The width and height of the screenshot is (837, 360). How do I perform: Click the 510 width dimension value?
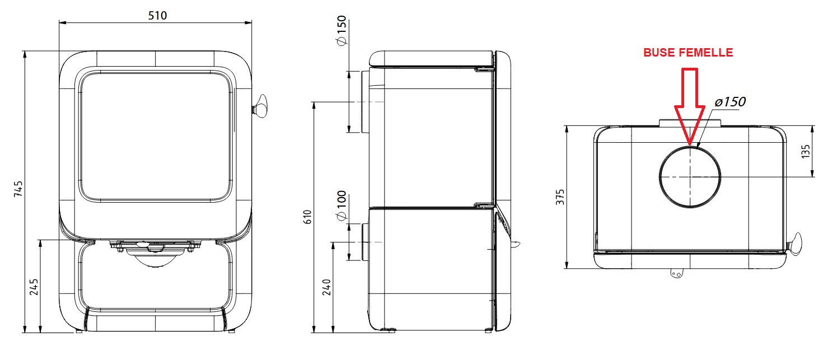157,15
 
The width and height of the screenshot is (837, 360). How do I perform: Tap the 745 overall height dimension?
18,190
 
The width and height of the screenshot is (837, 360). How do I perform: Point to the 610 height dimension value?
307,216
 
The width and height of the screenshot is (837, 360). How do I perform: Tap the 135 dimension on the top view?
806,151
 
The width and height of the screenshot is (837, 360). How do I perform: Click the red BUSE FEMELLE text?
688,53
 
